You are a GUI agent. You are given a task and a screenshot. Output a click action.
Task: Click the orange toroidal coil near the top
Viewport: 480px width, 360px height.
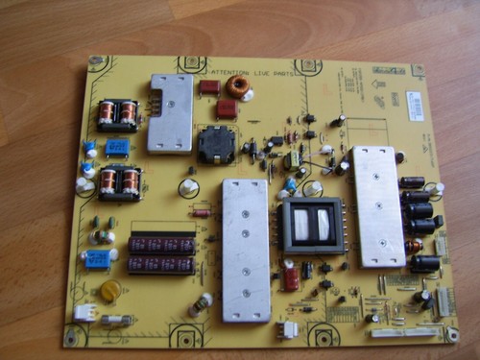click(239, 87)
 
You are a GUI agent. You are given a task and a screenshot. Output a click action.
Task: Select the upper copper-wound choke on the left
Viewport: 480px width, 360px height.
click(117, 114)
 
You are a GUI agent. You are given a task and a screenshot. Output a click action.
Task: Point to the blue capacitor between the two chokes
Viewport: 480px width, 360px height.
click(119, 147)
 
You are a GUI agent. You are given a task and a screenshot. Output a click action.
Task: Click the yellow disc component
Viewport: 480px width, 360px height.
click(111, 289)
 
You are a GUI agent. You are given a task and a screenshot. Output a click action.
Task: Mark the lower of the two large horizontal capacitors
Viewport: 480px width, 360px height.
click(162, 264)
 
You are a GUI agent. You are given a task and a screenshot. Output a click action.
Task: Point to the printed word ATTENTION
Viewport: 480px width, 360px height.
click(228, 72)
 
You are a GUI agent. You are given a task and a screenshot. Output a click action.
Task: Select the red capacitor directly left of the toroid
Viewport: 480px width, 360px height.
click(208, 87)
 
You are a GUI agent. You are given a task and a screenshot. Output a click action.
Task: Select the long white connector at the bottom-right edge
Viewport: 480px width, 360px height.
click(401, 333)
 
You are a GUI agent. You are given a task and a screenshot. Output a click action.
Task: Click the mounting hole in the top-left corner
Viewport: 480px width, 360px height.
click(96, 62)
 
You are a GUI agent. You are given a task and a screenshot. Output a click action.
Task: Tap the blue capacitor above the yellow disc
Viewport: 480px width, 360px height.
click(97, 258)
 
